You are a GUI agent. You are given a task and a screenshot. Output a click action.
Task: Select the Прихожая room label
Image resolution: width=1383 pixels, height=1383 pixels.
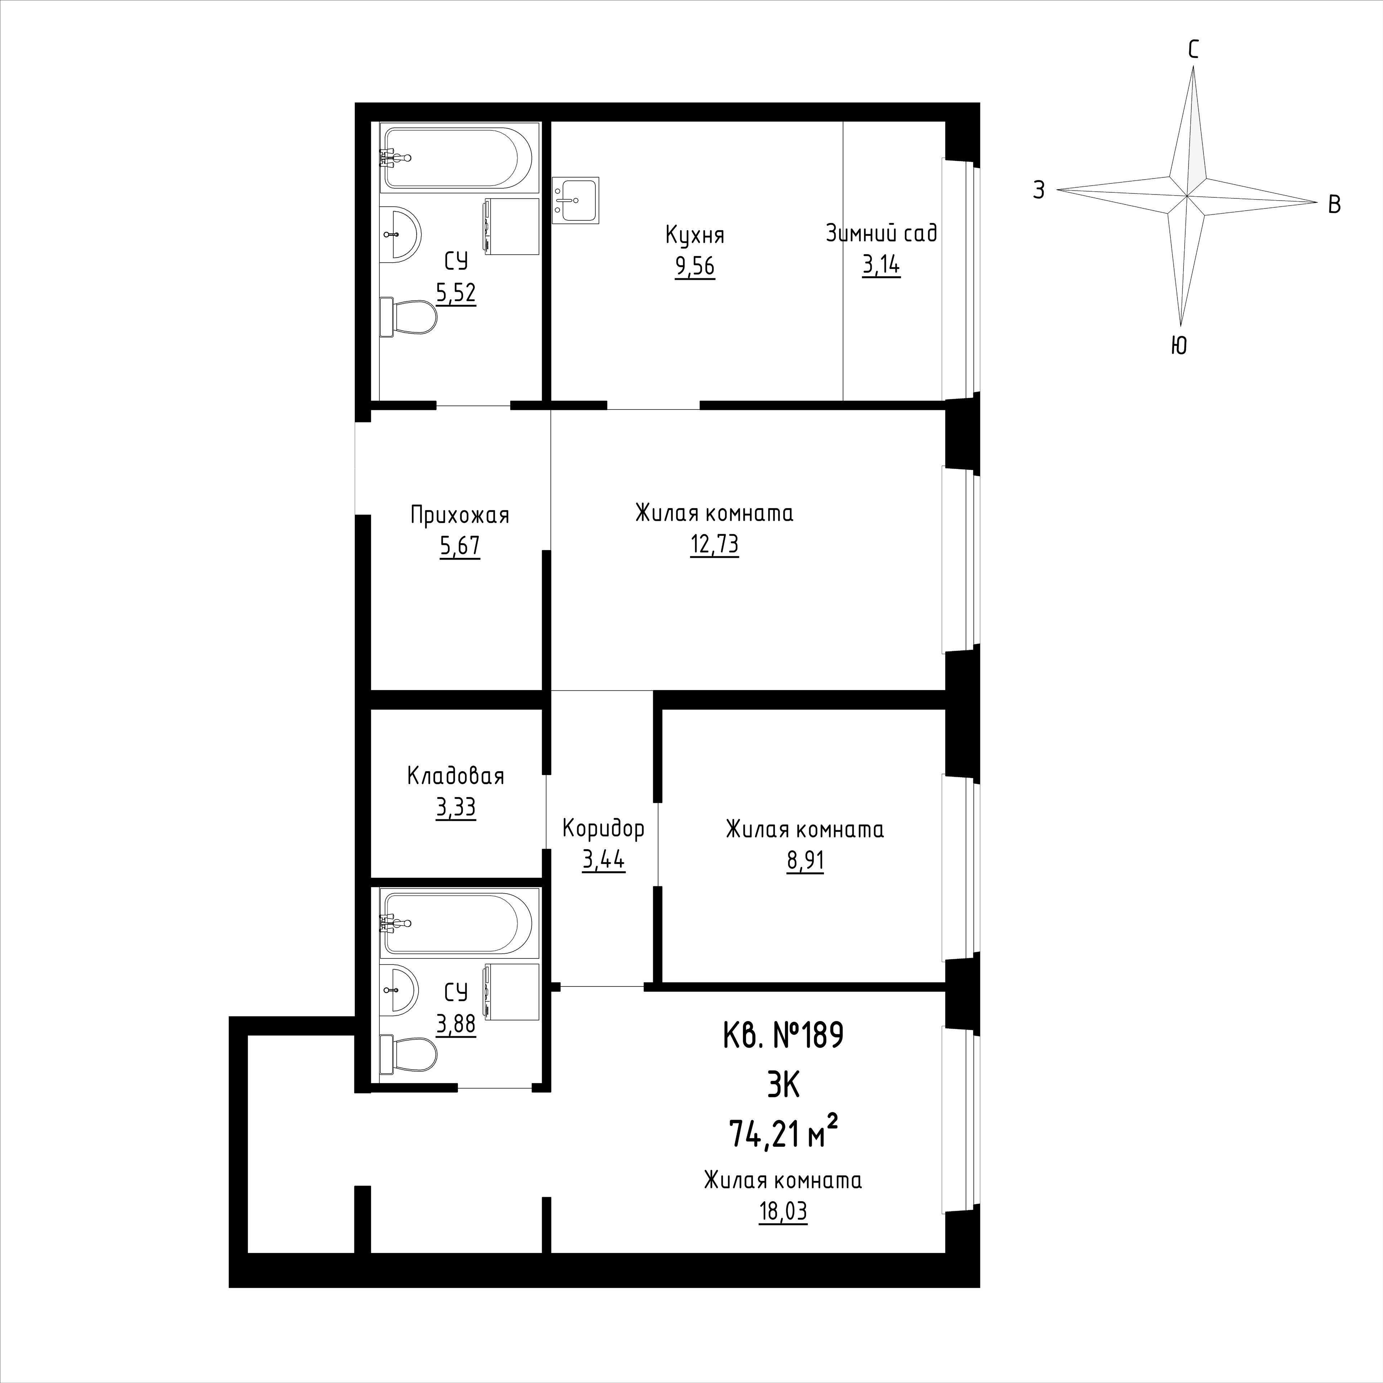click(x=460, y=515)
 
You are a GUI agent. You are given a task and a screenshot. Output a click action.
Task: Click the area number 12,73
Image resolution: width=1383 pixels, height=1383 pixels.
click(x=715, y=546)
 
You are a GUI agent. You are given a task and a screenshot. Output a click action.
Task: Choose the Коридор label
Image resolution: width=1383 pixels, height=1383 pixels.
click(x=604, y=829)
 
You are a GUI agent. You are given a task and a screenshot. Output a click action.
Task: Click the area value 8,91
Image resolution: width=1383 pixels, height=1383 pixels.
click(x=805, y=860)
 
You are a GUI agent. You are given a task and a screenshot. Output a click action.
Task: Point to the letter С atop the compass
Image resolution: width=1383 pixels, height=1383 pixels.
click(x=1193, y=49)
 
